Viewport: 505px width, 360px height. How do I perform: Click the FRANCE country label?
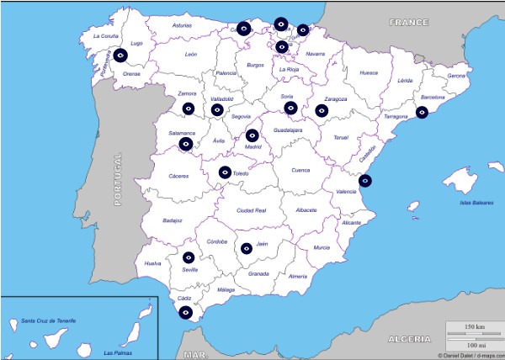pyautogui.click(x=409, y=23)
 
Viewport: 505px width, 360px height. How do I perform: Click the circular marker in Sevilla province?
pyautogui.click(x=189, y=257)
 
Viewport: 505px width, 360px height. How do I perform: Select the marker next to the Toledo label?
pyautogui.click(x=225, y=172)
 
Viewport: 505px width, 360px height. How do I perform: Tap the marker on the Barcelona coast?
pyautogui.click(x=422, y=113)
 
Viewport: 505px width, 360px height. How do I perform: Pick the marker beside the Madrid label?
pyautogui.click(x=252, y=135)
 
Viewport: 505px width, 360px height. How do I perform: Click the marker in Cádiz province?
pyautogui.click(x=186, y=312)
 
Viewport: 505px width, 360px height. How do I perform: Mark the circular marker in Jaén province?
pyautogui.click(x=247, y=248)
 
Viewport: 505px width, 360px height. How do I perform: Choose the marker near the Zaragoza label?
pyautogui.click(x=322, y=110)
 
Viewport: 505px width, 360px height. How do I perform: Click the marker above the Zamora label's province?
pyautogui.click(x=189, y=109)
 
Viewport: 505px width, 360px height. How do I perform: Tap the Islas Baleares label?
pyautogui.click(x=476, y=203)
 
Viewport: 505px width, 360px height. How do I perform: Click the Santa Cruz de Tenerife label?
pyautogui.click(x=49, y=321)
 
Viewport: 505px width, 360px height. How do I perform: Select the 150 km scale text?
pyautogui.click(x=474, y=326)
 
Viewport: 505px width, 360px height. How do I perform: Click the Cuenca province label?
pyautogui.click(x=300, y=170)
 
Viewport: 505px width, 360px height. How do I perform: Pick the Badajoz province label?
pyautogui.click(x=173, y=220)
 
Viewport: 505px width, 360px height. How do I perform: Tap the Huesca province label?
pyautogui.click(x=369, y=73)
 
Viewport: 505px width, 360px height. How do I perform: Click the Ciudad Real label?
pyautogui.click(x=252, y=209)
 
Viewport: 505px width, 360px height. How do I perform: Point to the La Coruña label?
pyautogui.click(x=107, y=36)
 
